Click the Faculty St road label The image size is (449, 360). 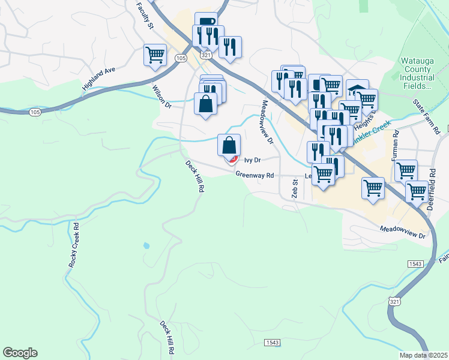pyautogui.click(x=146, y=16)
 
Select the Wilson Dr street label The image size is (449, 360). pyautogui.click(x=162, y=96)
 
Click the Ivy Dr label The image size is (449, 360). pyautogui.click(x=252, y=160)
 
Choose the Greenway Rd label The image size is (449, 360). pyautogui.click(x=255, y=175)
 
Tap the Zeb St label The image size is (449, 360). pyautogui.click(x=295, y=188)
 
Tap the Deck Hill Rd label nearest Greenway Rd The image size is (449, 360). pyautogui.click(x=194, y=176)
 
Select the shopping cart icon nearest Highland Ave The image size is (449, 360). pyautogui.click(x=155, y=55)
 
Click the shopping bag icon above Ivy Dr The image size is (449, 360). pyautogui.click(x=229, y=145)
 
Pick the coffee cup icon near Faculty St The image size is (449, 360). pyautogui.click(x=206, y=22)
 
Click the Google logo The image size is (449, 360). pyautogui.click(x=20, y=353)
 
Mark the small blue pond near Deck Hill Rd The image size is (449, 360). pyautogui.click(x=146, y=245)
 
